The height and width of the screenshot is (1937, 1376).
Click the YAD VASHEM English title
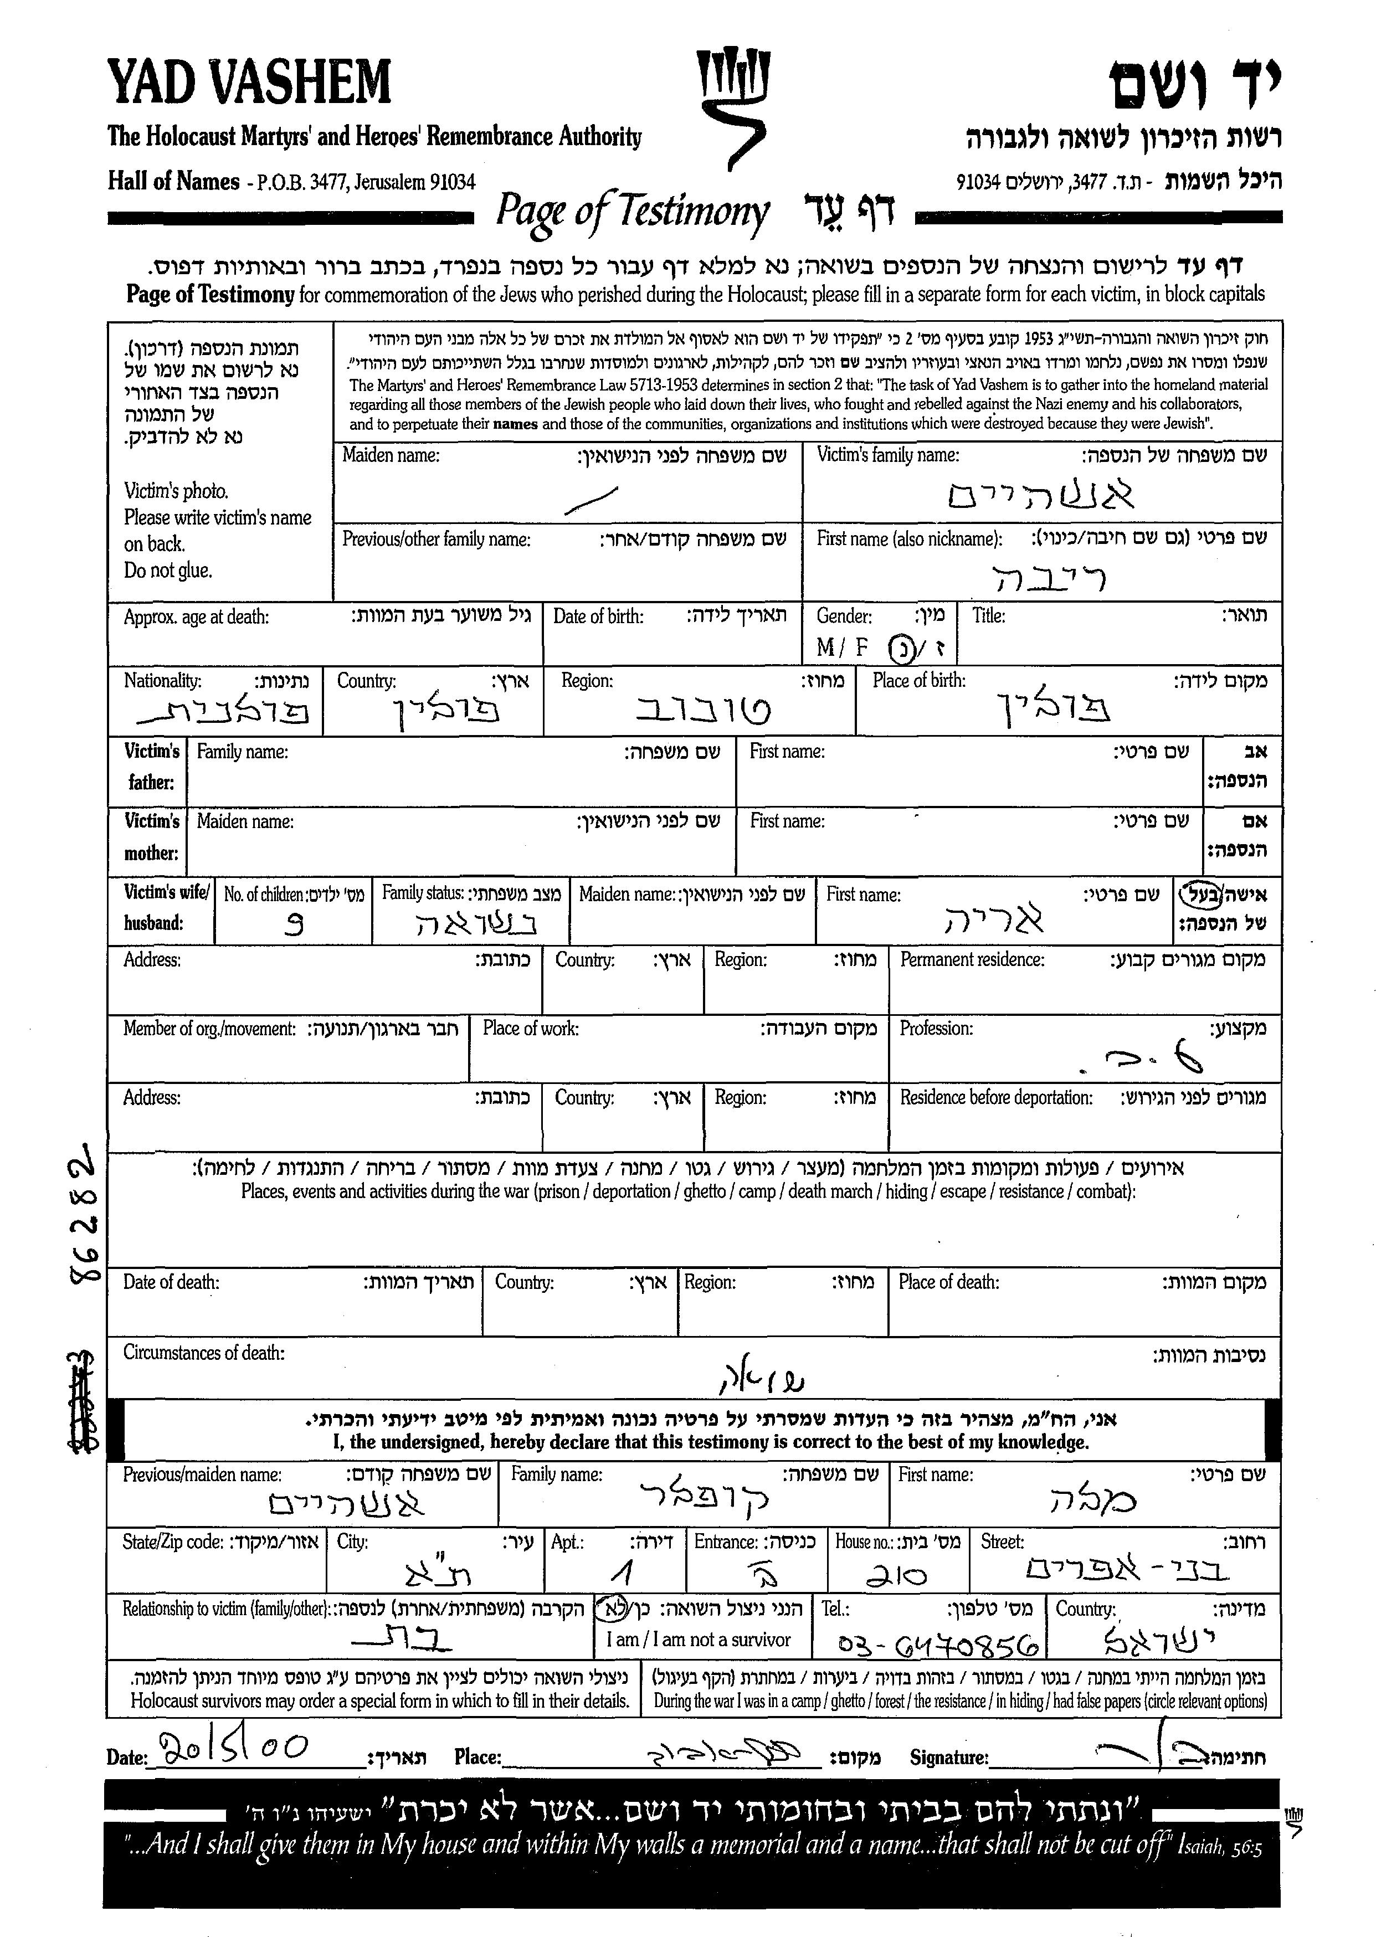pos(249,81)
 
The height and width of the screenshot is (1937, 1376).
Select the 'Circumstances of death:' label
pos(203,1352)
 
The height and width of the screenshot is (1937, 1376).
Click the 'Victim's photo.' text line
pos(176,491)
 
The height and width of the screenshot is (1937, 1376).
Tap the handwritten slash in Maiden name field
pos(591,501)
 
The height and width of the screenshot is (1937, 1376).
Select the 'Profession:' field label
pos(936,1029)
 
